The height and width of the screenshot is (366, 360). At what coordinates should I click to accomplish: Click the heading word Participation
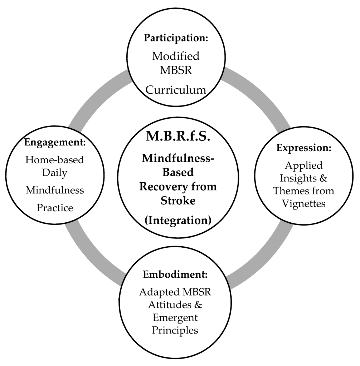click(175, 38)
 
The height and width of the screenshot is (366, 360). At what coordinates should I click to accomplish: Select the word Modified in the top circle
click(176, 56)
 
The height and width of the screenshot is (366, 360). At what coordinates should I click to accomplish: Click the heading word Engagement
click(55, 142)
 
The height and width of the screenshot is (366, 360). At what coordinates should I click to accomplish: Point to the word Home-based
click(55, 159)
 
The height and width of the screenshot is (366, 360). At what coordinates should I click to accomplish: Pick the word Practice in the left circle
click(55, 208)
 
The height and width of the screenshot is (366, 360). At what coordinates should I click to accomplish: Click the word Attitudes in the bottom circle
click(170, 305)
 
